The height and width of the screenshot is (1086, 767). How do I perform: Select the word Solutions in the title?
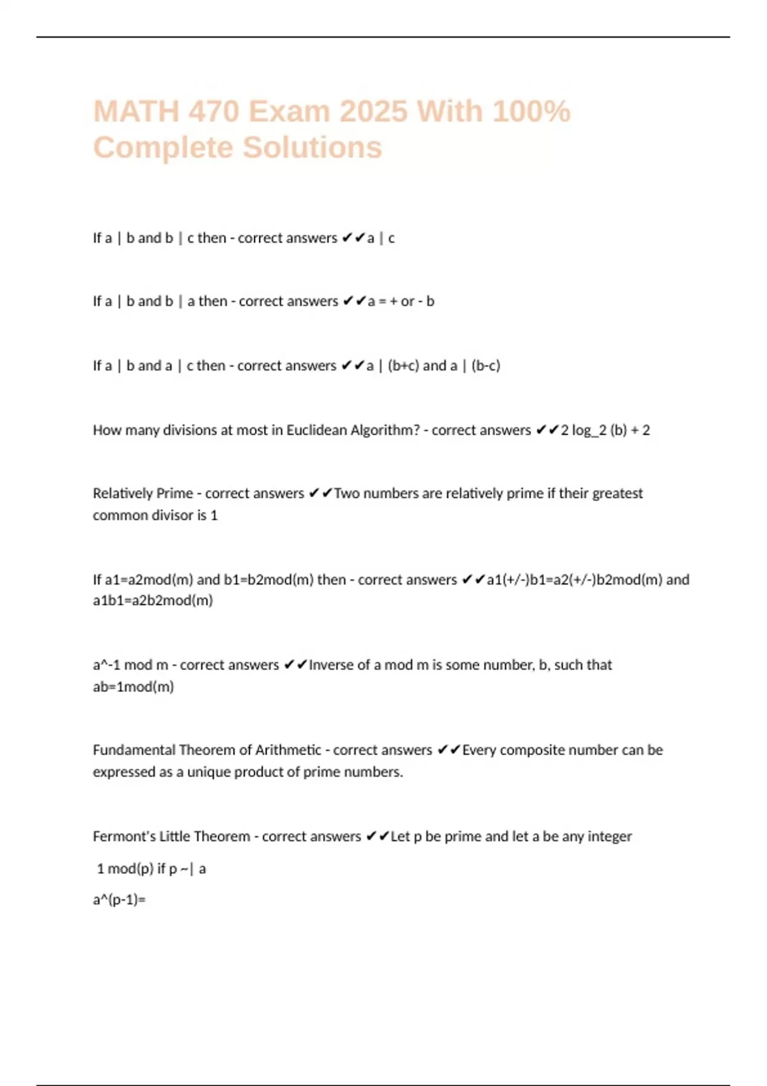313,148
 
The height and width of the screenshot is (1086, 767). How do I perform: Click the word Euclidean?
316,430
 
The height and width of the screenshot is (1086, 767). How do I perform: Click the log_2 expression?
589,431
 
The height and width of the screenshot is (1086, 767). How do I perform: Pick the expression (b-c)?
486,366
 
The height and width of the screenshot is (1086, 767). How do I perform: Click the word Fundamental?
134,750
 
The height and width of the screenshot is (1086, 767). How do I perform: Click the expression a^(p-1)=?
120,900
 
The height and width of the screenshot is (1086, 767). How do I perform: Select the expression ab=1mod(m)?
134,687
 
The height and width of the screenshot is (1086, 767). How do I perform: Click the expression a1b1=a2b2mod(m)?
153,600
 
